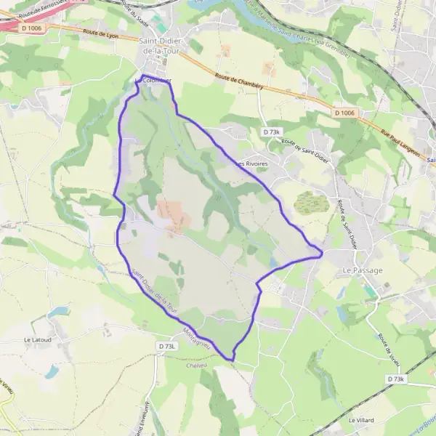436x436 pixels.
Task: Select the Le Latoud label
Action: pyautogui.click(x=36, y=339)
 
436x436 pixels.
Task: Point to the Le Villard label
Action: pyautogui.click(x=360, y=420)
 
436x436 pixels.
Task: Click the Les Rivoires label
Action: pyautogui.click(x=251, y=163)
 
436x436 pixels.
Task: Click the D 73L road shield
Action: pyautogui.click(x=166, y=347)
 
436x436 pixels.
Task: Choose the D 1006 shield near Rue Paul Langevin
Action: pyautogui.click(x=346, y=113)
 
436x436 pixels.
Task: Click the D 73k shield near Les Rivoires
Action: pyautogui.click(x=271, y=132)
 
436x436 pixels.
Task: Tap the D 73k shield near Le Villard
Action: pyautogui.click(x=396, y=379)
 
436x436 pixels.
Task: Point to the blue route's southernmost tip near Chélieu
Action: pyautogui.click(x=233, y=359)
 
